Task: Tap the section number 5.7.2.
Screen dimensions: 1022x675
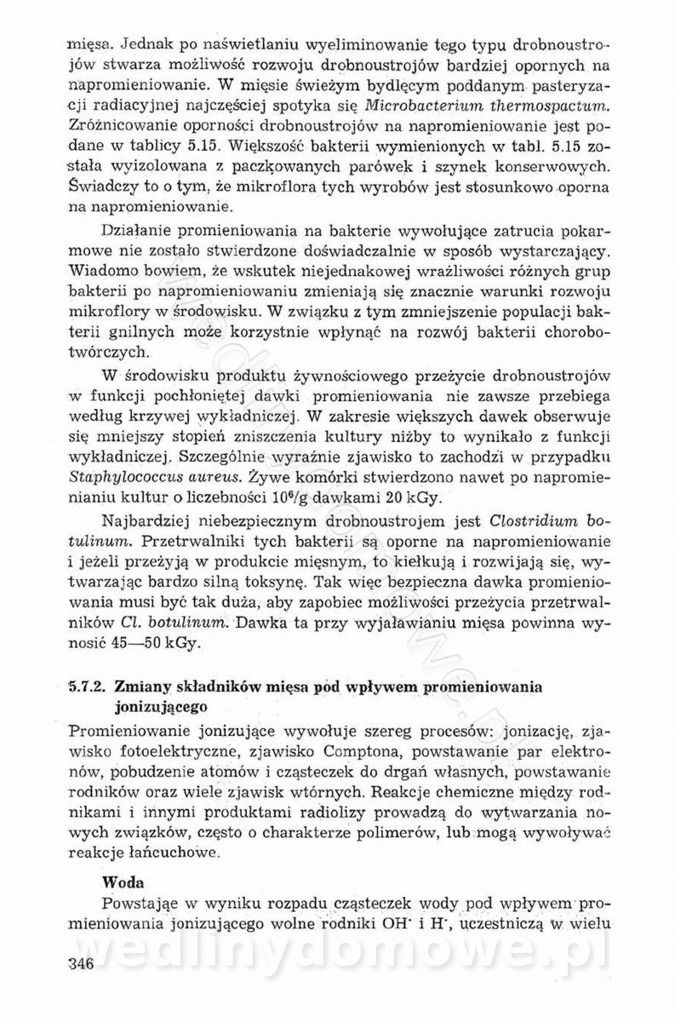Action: [x=85, y=686]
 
